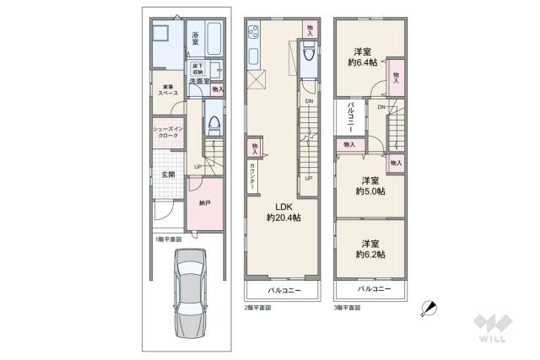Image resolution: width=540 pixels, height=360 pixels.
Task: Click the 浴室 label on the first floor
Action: (x=195, y=38)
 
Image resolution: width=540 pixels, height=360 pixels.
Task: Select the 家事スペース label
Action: (x=165, y=89)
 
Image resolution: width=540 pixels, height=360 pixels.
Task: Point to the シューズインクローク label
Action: (x=165, y=132)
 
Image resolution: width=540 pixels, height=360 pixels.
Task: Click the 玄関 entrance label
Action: (x=168, y=175)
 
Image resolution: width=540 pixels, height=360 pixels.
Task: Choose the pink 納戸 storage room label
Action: (x=204, y=202)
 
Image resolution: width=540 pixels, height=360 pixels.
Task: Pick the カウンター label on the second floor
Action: (x=253, y=177)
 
